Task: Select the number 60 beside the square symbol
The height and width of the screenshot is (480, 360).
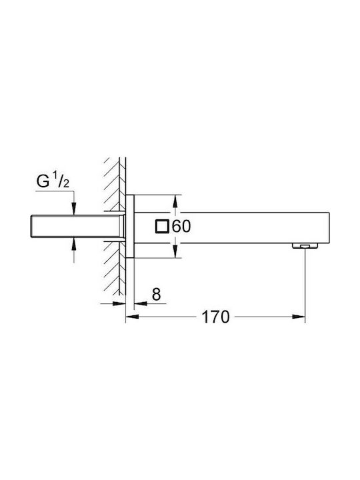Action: pos(181,227)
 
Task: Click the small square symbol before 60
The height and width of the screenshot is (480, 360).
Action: pos(161,227)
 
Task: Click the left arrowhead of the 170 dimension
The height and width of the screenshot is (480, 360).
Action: pos(130,317)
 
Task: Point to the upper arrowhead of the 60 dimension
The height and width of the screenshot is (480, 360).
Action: pos(175,199)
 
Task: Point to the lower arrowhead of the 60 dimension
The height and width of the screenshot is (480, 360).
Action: pos(175,254)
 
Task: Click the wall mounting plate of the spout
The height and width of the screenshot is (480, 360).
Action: pos(131,227)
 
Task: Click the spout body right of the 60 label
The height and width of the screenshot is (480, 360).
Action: pos(253,227)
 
